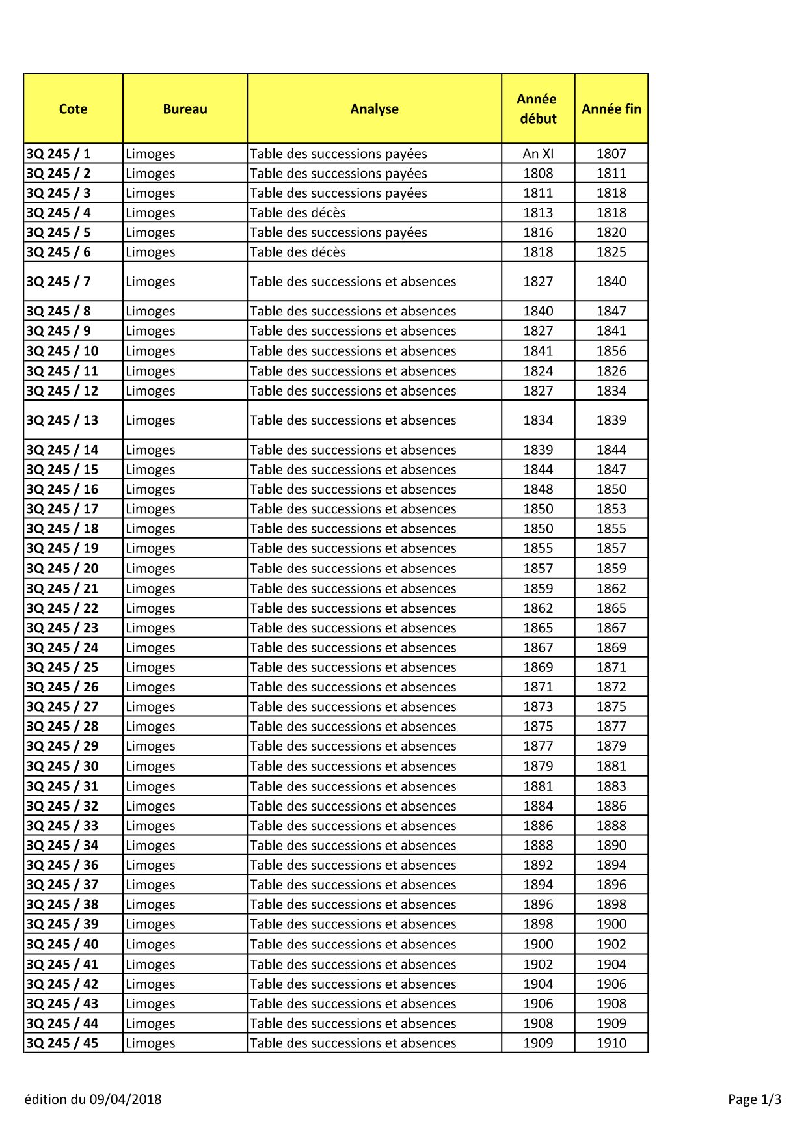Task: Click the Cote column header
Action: [73, 109]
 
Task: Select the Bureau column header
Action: [185, 109]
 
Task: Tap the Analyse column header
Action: [374, 109]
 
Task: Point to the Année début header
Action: [538, 109]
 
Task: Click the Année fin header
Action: [611, 109]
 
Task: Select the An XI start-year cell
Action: [538, 154]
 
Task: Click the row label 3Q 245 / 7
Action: [59, 282]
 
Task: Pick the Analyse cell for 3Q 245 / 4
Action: [298, 213]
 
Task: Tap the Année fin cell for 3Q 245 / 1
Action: [611, 154]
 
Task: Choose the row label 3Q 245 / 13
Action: [62, 420]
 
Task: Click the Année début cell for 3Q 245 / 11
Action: [538, 371]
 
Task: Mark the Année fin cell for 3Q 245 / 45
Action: [611, 1043]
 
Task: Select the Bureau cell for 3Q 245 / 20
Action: [150, 569]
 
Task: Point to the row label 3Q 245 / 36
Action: [62, 865]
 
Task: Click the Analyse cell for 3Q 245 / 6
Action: [298, 252]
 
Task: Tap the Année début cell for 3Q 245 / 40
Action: [538, 945]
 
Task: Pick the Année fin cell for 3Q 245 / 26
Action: [611, 687]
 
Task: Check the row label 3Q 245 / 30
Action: [62, 766]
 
